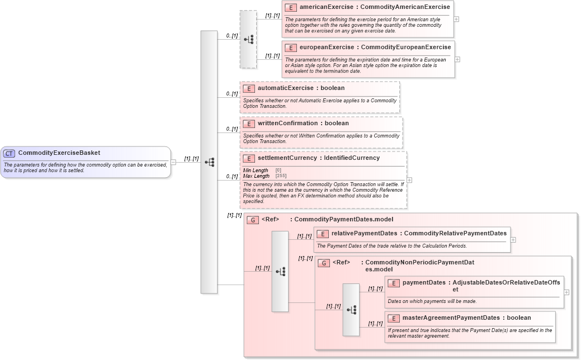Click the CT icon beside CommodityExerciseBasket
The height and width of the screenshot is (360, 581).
10,153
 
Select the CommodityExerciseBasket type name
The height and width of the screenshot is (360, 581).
59,153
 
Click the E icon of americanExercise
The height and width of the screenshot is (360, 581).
291,7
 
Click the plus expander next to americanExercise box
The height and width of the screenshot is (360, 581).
457,18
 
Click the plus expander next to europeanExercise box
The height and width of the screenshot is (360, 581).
457,59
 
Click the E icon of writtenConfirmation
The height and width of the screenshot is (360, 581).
249,124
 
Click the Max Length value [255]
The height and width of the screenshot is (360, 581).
281,176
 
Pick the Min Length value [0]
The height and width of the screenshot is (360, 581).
278,170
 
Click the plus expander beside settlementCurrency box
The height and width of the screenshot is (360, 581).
410,180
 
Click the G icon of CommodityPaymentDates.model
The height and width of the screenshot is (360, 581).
253,220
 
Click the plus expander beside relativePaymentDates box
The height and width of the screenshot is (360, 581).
513,240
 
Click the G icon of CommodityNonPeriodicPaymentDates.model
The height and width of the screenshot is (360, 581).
324,263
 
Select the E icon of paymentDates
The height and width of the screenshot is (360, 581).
394,283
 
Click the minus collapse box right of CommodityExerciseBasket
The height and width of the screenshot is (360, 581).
173,162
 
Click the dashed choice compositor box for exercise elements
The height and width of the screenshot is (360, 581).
248,39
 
